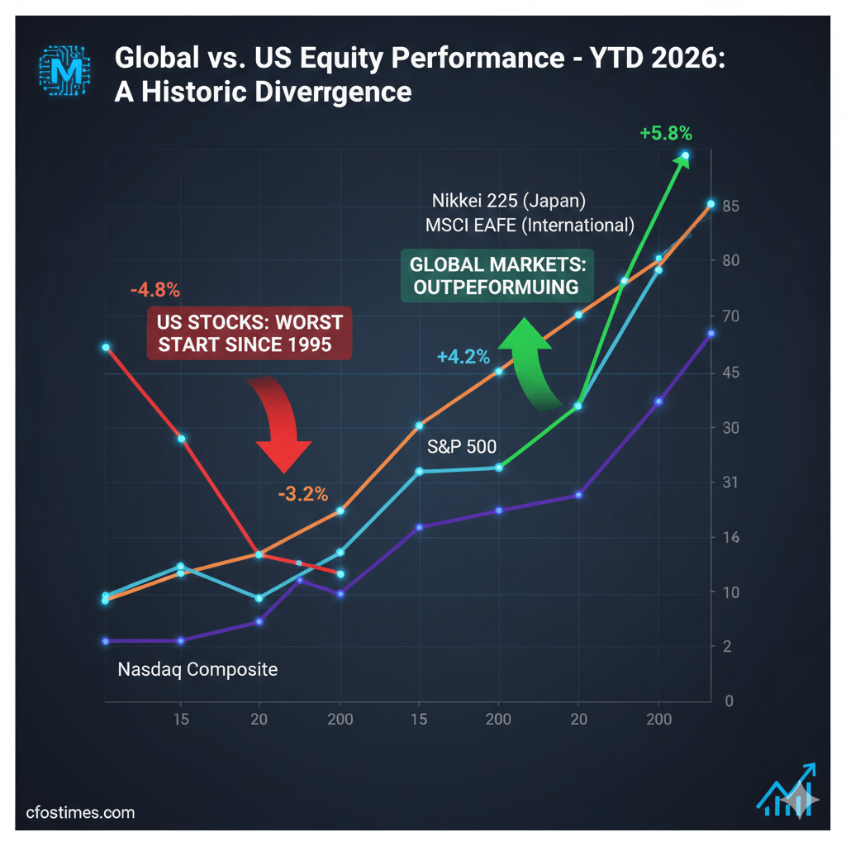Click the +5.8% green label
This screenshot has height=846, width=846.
(x=665, y=132)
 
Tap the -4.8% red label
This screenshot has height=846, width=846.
(x=154, y=290)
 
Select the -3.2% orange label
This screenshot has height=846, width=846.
(x=303, y=494)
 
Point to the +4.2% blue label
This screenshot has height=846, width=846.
(x=463, y=357)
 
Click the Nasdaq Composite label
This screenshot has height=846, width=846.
(x=197, y=669)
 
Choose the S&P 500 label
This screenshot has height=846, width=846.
(x=462, y=447)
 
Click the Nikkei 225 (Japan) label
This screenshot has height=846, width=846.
(x=508, y=201)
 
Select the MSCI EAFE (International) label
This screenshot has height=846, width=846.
(x=530, y=225)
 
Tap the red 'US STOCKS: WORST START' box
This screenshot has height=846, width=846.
(x=250, y=333)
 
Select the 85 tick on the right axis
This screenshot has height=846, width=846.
(x=730, y=206)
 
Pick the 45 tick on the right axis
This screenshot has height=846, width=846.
(x=730, y=373)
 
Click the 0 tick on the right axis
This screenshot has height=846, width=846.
(x=729, y=701)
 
